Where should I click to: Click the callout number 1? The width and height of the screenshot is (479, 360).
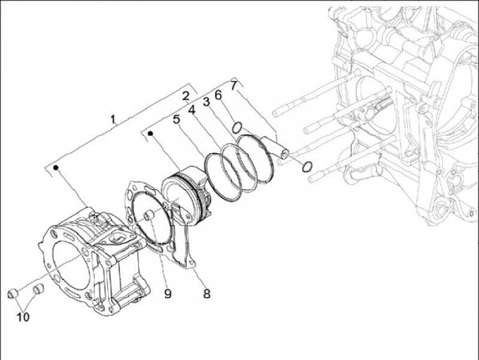[x=114, y=120]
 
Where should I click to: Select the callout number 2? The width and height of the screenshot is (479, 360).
[x=186, y=96]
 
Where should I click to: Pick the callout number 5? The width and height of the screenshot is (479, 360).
[x=176, y=120]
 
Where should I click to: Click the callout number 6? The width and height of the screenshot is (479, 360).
[x=218, y=94]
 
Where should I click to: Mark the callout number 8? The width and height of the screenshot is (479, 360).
[x=207, y=293]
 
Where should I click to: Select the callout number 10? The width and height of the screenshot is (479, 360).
[x=23, y=317]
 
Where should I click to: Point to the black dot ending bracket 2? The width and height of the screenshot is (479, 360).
[x=152, y=134]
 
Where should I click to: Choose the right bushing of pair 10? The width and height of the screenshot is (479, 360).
[x=38, y=289]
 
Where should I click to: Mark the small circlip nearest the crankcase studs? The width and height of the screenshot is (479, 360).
[x=306, y=166]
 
